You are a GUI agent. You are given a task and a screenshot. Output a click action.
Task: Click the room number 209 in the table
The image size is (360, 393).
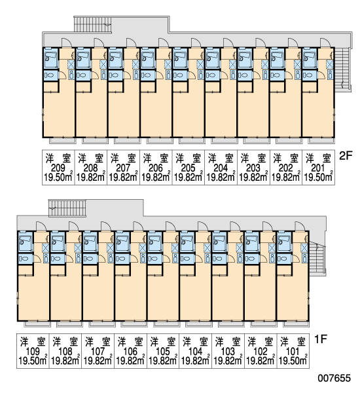58,168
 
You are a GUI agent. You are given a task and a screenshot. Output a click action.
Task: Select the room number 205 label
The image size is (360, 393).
188,168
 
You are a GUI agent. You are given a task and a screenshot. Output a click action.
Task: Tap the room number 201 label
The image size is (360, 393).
318,168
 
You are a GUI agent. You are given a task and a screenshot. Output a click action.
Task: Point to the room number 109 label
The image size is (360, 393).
33,351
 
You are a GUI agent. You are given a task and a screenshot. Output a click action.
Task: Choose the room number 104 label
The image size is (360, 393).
195,351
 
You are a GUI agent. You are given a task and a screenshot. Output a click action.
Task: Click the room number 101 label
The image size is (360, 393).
293,351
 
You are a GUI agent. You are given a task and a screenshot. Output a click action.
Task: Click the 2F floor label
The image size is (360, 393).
346,156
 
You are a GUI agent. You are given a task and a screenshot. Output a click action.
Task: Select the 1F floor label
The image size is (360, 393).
321,339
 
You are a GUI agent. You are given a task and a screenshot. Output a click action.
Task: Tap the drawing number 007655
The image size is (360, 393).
334,378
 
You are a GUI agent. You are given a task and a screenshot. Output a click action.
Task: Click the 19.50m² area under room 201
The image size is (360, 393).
318,177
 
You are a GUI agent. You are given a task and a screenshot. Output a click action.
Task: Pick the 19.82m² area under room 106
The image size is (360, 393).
130,360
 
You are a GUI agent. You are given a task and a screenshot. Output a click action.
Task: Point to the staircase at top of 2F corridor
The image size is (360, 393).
93,24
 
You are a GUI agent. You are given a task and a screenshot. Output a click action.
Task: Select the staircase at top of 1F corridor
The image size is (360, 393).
67,208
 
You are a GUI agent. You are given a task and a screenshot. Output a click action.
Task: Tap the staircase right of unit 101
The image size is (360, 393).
316,258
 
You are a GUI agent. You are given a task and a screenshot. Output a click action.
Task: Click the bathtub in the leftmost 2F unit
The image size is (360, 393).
51,58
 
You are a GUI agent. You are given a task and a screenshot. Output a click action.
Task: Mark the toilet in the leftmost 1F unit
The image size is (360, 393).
26,258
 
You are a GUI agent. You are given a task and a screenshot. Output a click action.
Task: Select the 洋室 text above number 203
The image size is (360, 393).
253,159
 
